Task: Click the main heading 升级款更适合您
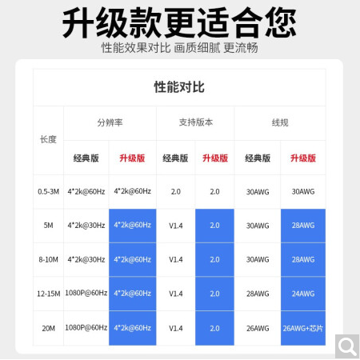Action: pyautogui.click(x=179, y=22)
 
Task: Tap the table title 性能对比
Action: pyautogui.click(x=179, y=87)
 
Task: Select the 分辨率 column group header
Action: pyautogui.click(x=110, y=122)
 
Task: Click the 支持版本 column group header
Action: pyautogui.click(x=196, y=122)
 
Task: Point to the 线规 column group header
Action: pyautogui.click(x=280, y=122)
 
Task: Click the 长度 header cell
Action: pyautogui.click(x=48, y=139)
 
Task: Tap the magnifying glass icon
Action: pyautogui.click(x=347, y=346)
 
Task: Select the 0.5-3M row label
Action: pyautogui.click(x=48, y=191)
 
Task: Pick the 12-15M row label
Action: pyautogui.click(x=48, y=294)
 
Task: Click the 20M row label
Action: pyautogui.click(x=48, y=328)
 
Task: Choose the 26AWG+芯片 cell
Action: pyautogui.click(x=303, y=328)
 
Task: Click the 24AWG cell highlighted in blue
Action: pyautogui.click(x=303, y=294)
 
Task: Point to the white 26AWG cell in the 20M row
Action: pyautogui.click(x=258, y=328)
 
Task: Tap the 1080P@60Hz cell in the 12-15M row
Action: pyautogui.click(x=86, y=293)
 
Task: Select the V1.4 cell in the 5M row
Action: pyautogui.click(x=176, y=226)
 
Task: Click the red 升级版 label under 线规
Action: pyautogui.click(x=303, y=158)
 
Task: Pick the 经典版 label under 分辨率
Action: pyautogui.click(x=86, y=158)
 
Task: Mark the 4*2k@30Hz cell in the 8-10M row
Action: pyautogui.click(x=86, y=259)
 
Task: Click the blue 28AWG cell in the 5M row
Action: pyautogui.click(x=303, y=226)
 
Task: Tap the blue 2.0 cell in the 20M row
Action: pyautogui.click(x=214, y=328)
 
